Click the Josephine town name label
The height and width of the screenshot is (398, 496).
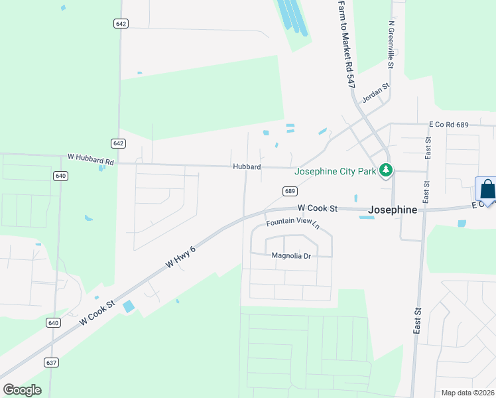coord(394,210)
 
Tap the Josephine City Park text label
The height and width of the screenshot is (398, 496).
coord(336,170)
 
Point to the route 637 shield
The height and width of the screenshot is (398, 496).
coord(52,362)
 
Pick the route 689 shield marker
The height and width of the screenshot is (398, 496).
coord(290,191)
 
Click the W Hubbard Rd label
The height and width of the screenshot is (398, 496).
coord(91,160)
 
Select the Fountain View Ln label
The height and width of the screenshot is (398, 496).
coord(293,224)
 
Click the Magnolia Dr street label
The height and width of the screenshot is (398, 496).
coord(291,255)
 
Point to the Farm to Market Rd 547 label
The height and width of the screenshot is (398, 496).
coord(345,44)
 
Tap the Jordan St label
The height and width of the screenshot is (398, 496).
coord(375,94)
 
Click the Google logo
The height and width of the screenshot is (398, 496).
coord(22,389)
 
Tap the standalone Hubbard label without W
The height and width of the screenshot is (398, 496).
coord(246,167)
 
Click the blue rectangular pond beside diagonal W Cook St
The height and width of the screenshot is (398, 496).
coord(128,306)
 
